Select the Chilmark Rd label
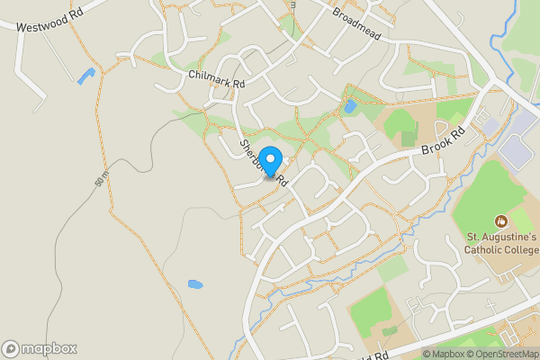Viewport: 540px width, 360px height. pos(217,78)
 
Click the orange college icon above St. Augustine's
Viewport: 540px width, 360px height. pos(500,220)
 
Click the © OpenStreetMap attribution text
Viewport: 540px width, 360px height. pos(501,354)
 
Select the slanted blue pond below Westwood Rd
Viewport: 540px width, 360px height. pos(85,76)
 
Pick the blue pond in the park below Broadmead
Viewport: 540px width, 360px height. pos(350,107)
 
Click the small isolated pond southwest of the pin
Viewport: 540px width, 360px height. pos(194,284)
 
